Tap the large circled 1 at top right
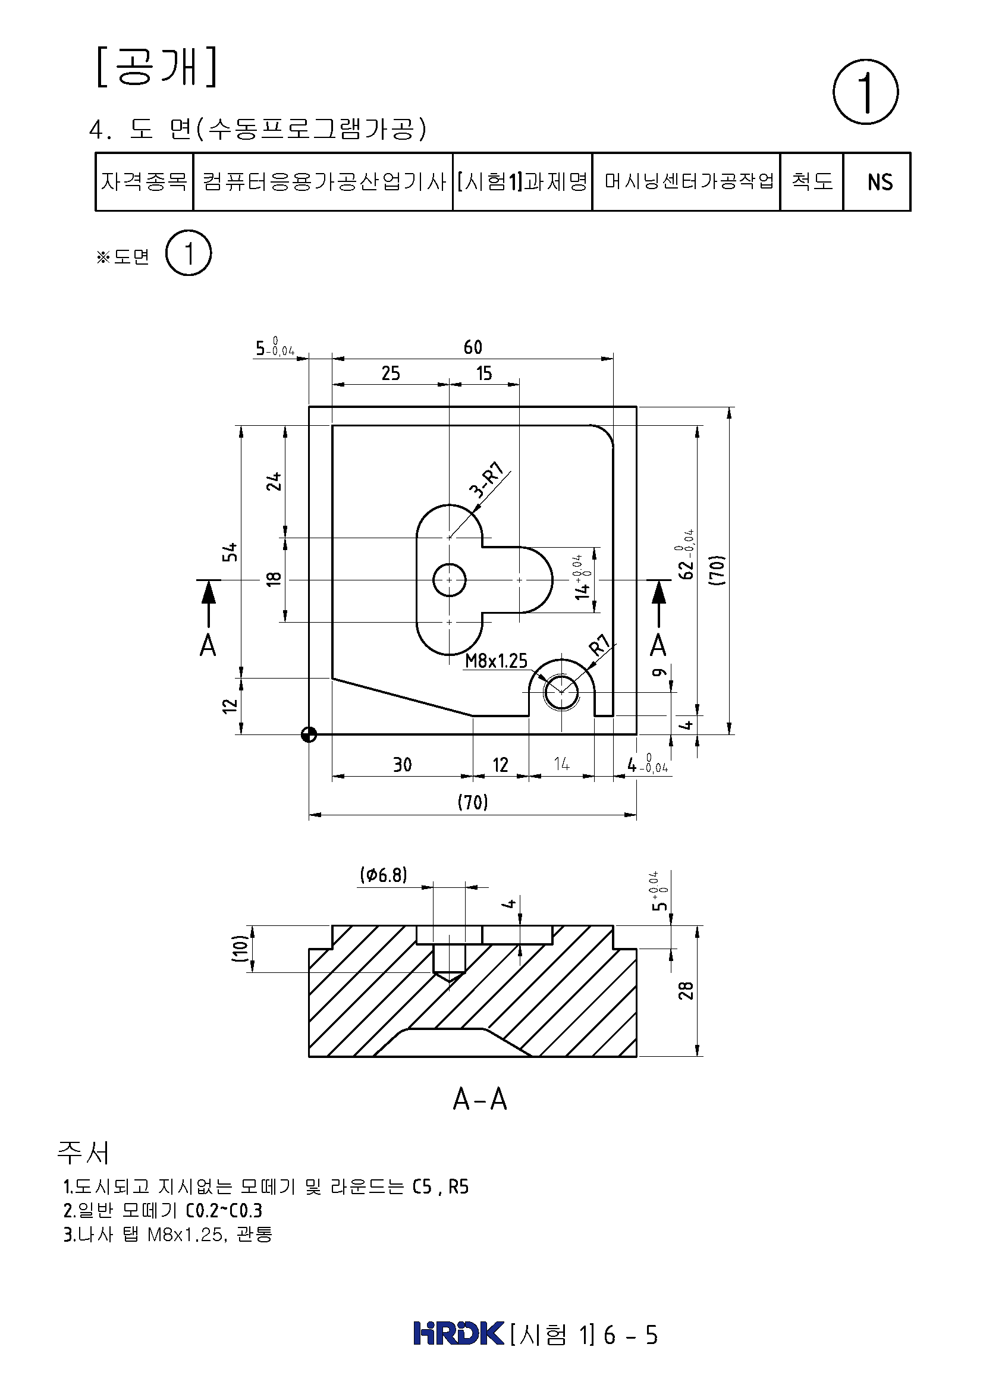pos(865,92)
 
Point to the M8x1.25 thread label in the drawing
pos(496,661)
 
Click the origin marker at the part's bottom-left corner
pos(309,734)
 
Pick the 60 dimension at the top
pos(473,347)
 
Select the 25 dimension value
pos(391,373)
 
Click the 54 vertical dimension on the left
pos(230,552)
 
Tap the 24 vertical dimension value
pos(274,482)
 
